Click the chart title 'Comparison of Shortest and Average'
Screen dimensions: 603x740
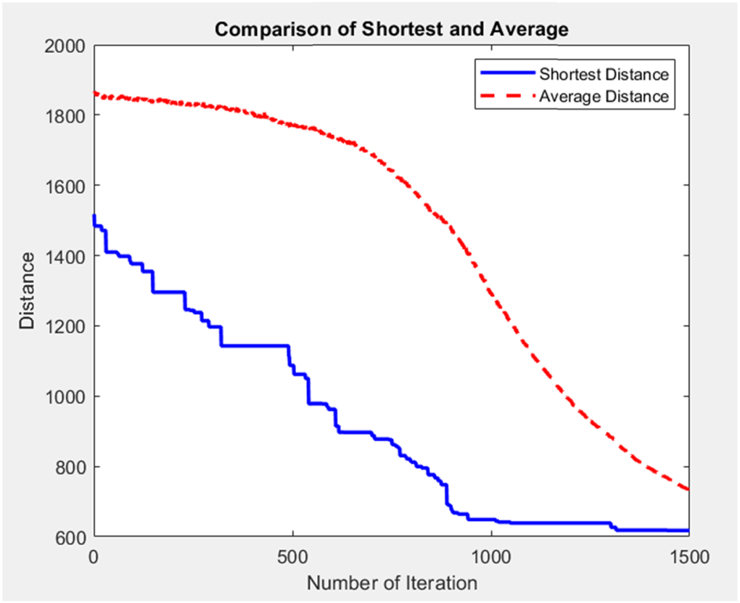point(390,30)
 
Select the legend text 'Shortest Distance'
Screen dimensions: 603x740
point(603,74)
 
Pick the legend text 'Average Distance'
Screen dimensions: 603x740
point(603,97)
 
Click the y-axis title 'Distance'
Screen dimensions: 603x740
point(27,291)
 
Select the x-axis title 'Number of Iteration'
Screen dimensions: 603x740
point(392,583)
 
